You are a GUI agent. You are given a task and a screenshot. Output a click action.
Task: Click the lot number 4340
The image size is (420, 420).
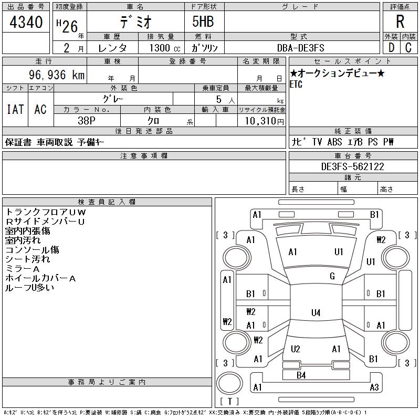[26, 22]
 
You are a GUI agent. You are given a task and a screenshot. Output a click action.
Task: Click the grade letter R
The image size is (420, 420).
[400, 22]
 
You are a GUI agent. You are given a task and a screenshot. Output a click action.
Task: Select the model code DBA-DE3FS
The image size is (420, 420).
[300, 48]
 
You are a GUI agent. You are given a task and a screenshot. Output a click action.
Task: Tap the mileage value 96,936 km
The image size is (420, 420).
[57, 75]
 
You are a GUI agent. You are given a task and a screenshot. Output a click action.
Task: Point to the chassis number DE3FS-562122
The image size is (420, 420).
[352, 166]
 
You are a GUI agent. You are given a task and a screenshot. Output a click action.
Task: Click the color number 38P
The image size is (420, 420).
[87, 121]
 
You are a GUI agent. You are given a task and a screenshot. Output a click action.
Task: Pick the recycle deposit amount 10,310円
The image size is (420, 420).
[264, 121]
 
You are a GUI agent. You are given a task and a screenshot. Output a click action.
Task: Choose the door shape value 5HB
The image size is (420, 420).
[203, 22]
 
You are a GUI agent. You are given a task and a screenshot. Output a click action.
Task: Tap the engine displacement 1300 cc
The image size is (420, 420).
[165, 48]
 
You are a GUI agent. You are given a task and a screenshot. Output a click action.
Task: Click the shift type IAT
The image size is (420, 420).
[15, 109]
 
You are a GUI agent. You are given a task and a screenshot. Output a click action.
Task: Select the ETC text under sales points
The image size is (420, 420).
[296, 85]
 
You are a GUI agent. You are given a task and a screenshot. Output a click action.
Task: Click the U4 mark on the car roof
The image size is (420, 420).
[316, 312]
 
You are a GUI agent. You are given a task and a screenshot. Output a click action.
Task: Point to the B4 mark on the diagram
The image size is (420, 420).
[301, 375]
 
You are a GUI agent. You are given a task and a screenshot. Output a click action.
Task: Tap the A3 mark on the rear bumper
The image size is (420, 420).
[374, 387]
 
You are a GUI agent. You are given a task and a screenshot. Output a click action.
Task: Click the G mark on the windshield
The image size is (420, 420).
[332, 276]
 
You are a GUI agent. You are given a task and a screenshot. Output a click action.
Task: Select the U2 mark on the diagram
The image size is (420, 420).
[296, 349]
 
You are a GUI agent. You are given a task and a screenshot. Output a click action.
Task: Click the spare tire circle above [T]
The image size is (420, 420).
[229, 383]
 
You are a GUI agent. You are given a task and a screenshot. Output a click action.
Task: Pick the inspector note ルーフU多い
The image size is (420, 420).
[29, 288]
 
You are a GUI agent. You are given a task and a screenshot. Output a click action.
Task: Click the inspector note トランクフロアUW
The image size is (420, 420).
[45, 212]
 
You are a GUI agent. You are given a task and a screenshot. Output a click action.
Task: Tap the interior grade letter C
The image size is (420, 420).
[408, 48]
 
